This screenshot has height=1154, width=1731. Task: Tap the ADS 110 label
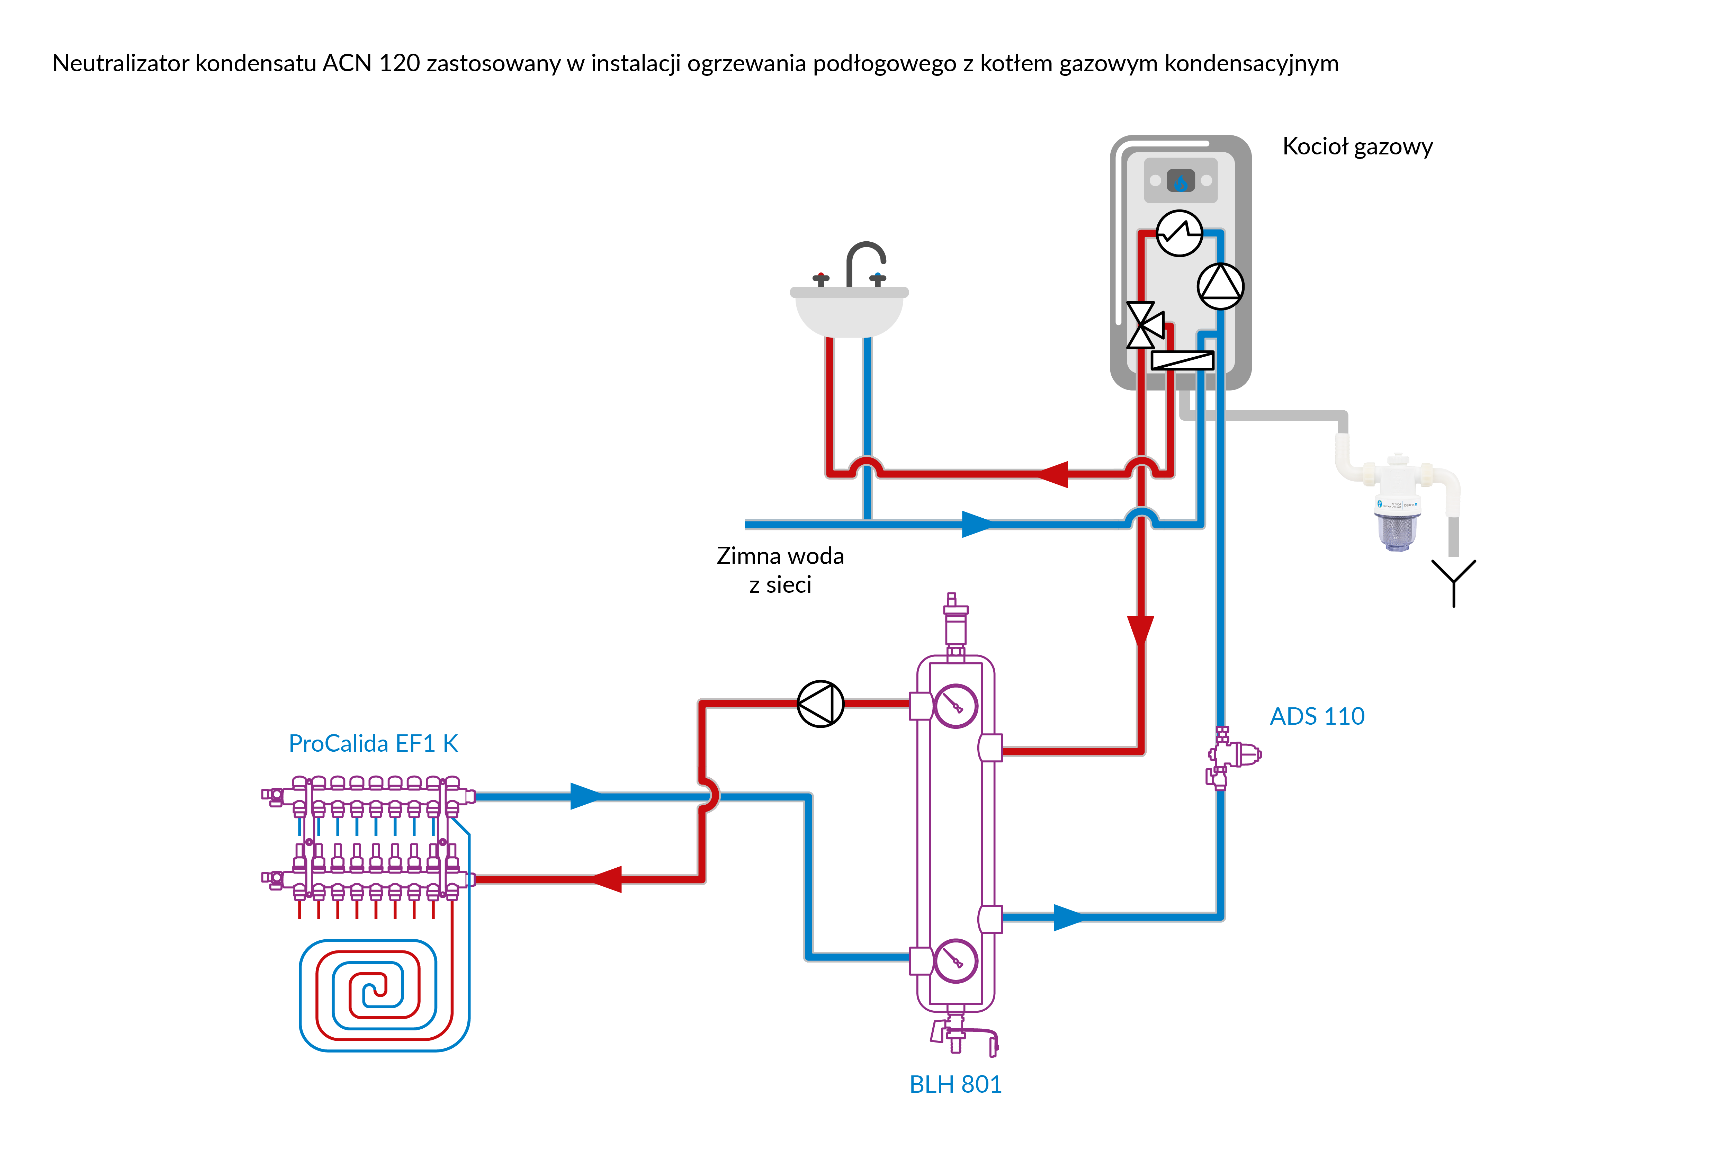1317,716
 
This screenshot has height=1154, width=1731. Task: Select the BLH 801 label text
955,1084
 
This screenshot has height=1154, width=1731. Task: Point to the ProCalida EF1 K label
373,743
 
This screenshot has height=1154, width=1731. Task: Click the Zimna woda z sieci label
780,570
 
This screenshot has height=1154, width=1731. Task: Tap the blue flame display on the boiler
1181,181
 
